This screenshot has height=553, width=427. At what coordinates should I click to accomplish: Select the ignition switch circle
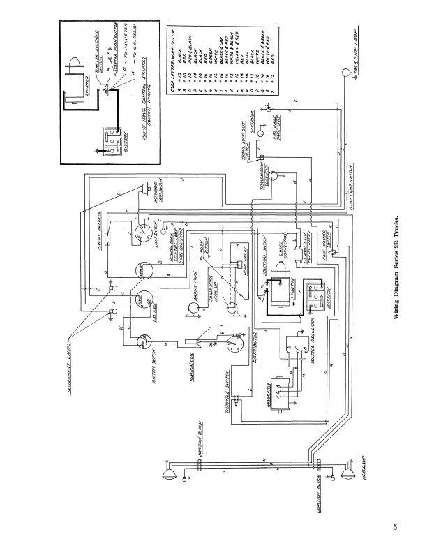[x=145, y=341]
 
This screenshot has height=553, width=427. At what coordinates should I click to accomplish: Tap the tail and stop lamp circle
[x=346, y=73]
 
